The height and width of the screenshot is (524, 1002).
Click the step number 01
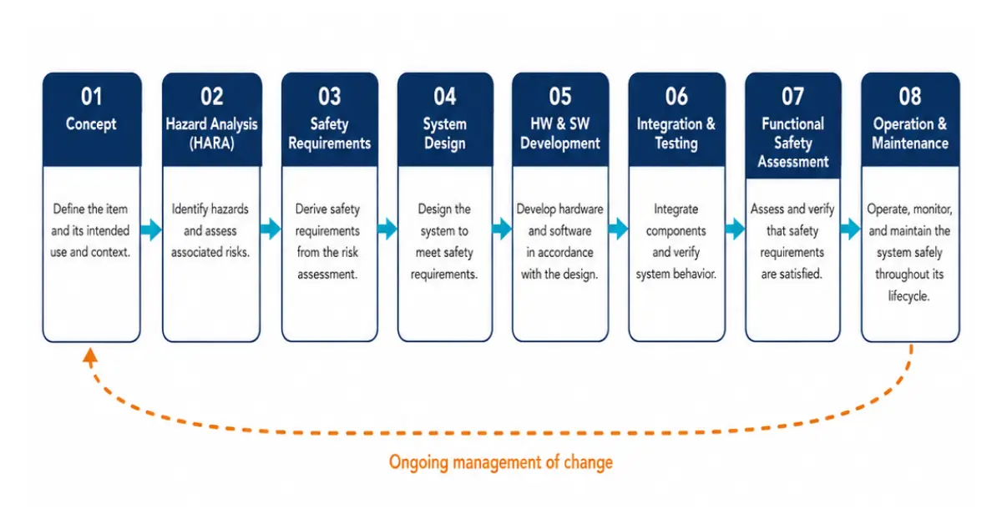[x=92, y=97]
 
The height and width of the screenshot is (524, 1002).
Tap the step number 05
[x=560, y=97]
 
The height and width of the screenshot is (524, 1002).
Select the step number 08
[x=910, y=97]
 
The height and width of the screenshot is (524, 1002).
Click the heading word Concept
[x=91, y=123]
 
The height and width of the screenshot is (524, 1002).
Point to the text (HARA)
[x=211, y=144]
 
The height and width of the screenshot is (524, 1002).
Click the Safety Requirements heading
[x=330, y=134]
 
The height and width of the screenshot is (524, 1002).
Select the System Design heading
[x=444, y=134]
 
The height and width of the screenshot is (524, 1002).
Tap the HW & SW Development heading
[x=560, y=134]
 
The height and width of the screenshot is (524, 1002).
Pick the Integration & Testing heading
[x=676, y=134]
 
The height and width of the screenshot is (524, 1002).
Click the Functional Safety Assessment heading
[x=792, y=143]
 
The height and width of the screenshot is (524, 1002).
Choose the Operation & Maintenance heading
[x=910, y=134]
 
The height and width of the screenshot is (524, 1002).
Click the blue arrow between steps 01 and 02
[x=151, y=229]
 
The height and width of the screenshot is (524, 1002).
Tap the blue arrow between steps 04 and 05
[x=502, y=229]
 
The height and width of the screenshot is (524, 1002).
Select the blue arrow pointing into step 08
[x=850, y=229]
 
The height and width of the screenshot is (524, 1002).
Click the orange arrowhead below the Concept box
[x=90, y=357]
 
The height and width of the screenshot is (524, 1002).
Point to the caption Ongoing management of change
[x=500, y=462]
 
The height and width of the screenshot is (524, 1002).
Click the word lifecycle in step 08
[x=909, y=296]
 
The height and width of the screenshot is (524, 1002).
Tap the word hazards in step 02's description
[x=229, y=209]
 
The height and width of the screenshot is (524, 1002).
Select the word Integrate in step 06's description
[x=676, y=209]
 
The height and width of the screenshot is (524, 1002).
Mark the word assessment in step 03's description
[x=327, y=274]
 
